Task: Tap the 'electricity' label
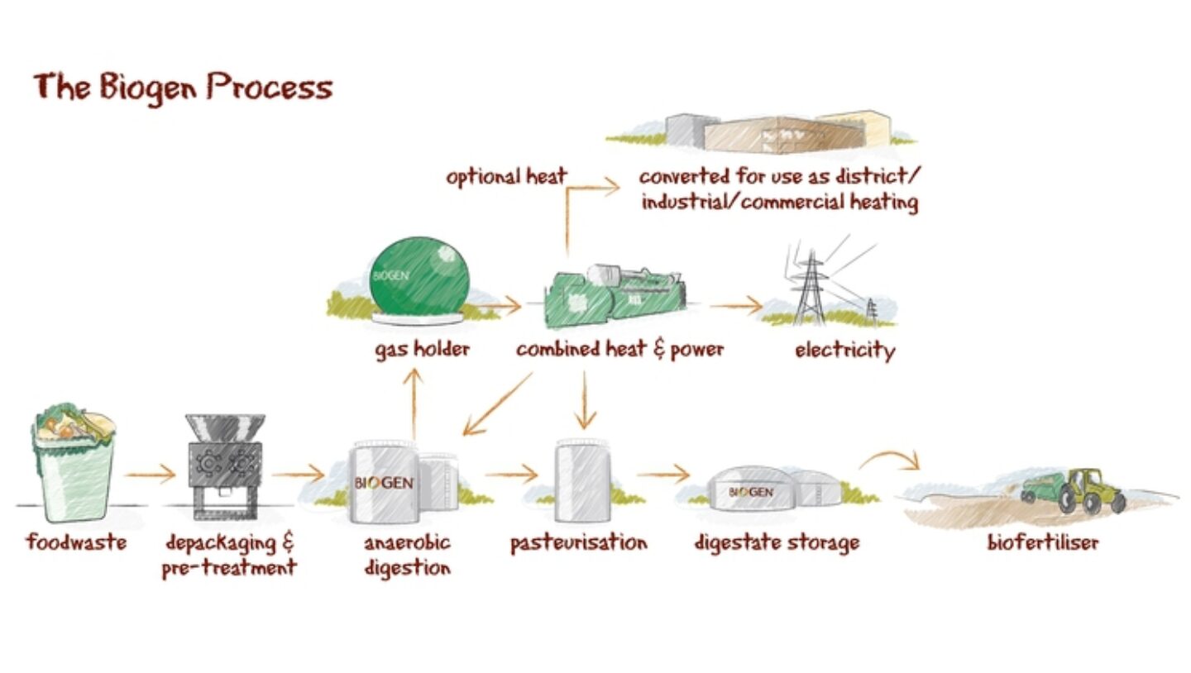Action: click(x=844, y=351)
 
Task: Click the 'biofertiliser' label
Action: click(x=1042, y=543)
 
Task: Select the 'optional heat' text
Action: click(x=506, y=177)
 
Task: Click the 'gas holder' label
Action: click(x=422, y=349)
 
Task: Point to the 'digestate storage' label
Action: click(x=777, y=543)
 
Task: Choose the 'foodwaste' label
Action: click(x=76, y=543)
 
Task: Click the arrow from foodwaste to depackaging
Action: click(x=151, y=475)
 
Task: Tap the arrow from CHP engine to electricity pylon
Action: click(x=736, y=306)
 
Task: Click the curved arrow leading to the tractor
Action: click(x=892, y=458)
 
